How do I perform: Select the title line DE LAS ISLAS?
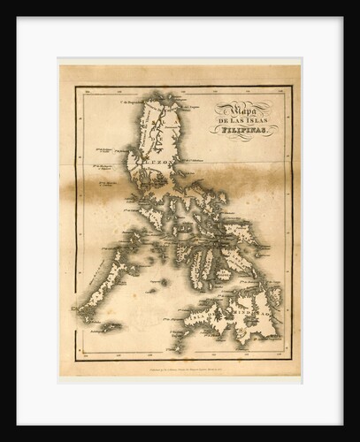click(243, 118)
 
